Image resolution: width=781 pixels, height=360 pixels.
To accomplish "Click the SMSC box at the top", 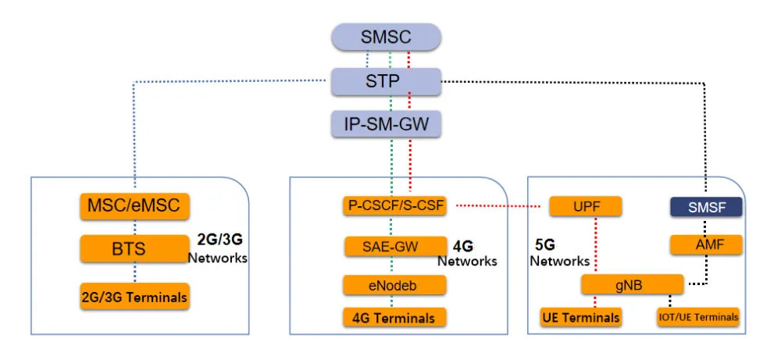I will pyautogui.click(x=386, y=37).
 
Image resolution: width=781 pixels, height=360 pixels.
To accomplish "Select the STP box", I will pyautogui.click(x=386, y=80).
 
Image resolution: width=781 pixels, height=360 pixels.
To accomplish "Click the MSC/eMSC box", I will pyautogui.click(x=135, y=207).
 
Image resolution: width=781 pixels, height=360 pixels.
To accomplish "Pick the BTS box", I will pyautogui.click(x=135, y=250).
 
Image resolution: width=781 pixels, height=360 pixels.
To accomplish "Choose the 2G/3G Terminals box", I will pyautogui.click(x=134, y=296).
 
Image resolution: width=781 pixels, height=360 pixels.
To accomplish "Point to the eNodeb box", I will pyautogui.click(x=394, y=285).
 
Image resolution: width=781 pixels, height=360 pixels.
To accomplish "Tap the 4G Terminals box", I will pyautogui.click(x=394, y=317).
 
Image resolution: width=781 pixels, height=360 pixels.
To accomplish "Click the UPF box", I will pyautogui.click(x=585, y=206).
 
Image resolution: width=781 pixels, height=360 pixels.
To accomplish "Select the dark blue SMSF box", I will pyautogui.click(x=706, y=206).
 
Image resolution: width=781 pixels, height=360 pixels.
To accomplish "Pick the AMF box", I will pyautogui.click(x=706, y=244).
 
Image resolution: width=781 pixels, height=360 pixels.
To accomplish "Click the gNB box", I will pyautogui.click(x=633, y=285).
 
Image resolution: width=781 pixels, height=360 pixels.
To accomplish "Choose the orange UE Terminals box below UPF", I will pyautogui.click(x=581, y=317).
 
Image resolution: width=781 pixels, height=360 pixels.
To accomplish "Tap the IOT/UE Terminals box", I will pyautogui.click(x=697, y=317).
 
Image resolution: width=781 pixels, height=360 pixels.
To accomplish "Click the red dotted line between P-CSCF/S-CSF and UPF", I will pyautogui.click(x=492, y=207).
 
